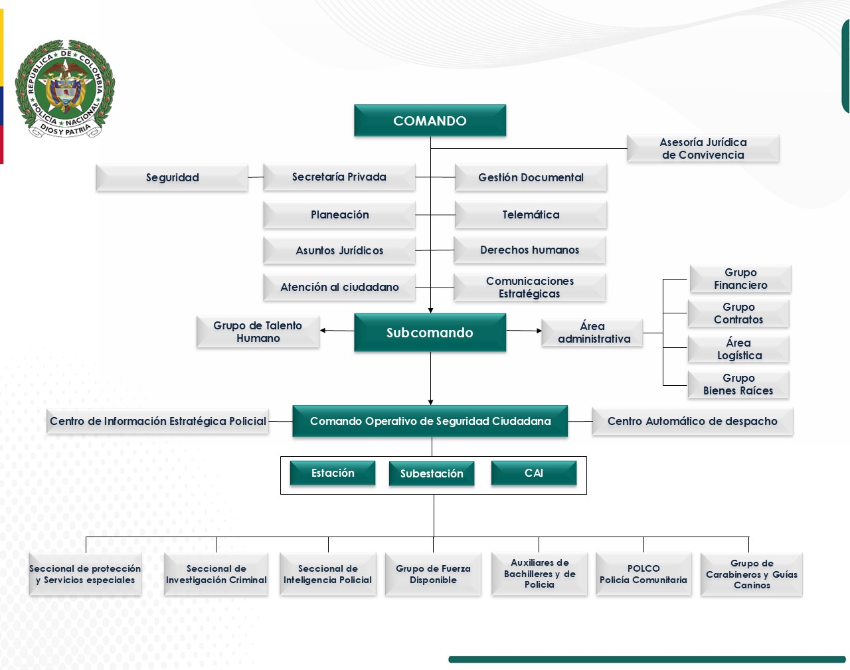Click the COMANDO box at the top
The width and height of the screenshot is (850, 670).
coord(430,121)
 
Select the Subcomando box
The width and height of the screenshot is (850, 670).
coord(430,333)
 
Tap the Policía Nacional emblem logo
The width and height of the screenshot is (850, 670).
coord(65,88)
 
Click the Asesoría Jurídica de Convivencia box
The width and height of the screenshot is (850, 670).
coord(703,149)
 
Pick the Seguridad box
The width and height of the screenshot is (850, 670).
coord(172,178)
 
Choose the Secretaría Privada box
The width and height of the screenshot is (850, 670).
coord(339,177)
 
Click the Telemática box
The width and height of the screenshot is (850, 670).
coord(531,215)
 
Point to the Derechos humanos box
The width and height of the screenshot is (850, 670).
coord(529,250)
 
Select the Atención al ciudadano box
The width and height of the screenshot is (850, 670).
coord(339,288)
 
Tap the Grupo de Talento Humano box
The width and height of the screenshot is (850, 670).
coord(258,332)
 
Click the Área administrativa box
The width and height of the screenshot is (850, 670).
coord(592,333)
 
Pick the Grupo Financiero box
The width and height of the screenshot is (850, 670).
coord(740,279)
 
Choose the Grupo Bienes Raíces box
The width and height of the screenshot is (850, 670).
coord(738,384)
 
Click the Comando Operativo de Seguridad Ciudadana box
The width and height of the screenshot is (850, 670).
coord(430,422)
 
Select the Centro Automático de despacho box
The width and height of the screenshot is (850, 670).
coord(692,422)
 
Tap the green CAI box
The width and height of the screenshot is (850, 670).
coord(533,473)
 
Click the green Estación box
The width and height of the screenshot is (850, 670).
coord(333,473)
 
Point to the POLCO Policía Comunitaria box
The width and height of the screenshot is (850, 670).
coord(643,574)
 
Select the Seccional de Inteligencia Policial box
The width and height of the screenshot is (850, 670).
coord(327,574)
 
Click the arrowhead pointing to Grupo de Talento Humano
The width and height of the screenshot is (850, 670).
coord(323,330)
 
